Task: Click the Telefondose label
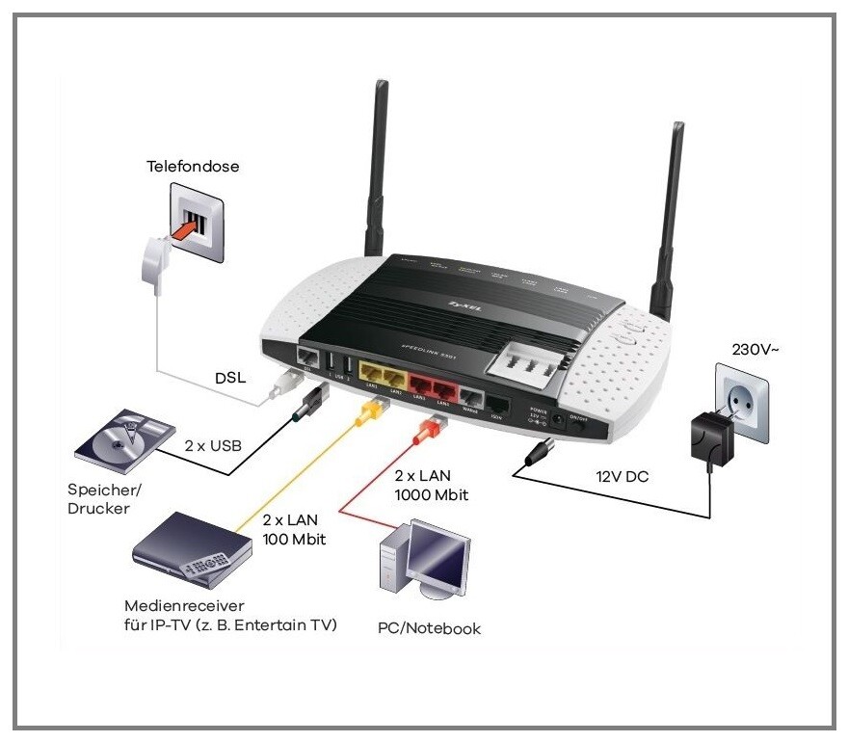[x=193, y=167]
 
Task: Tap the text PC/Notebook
[x=430, y=628]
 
